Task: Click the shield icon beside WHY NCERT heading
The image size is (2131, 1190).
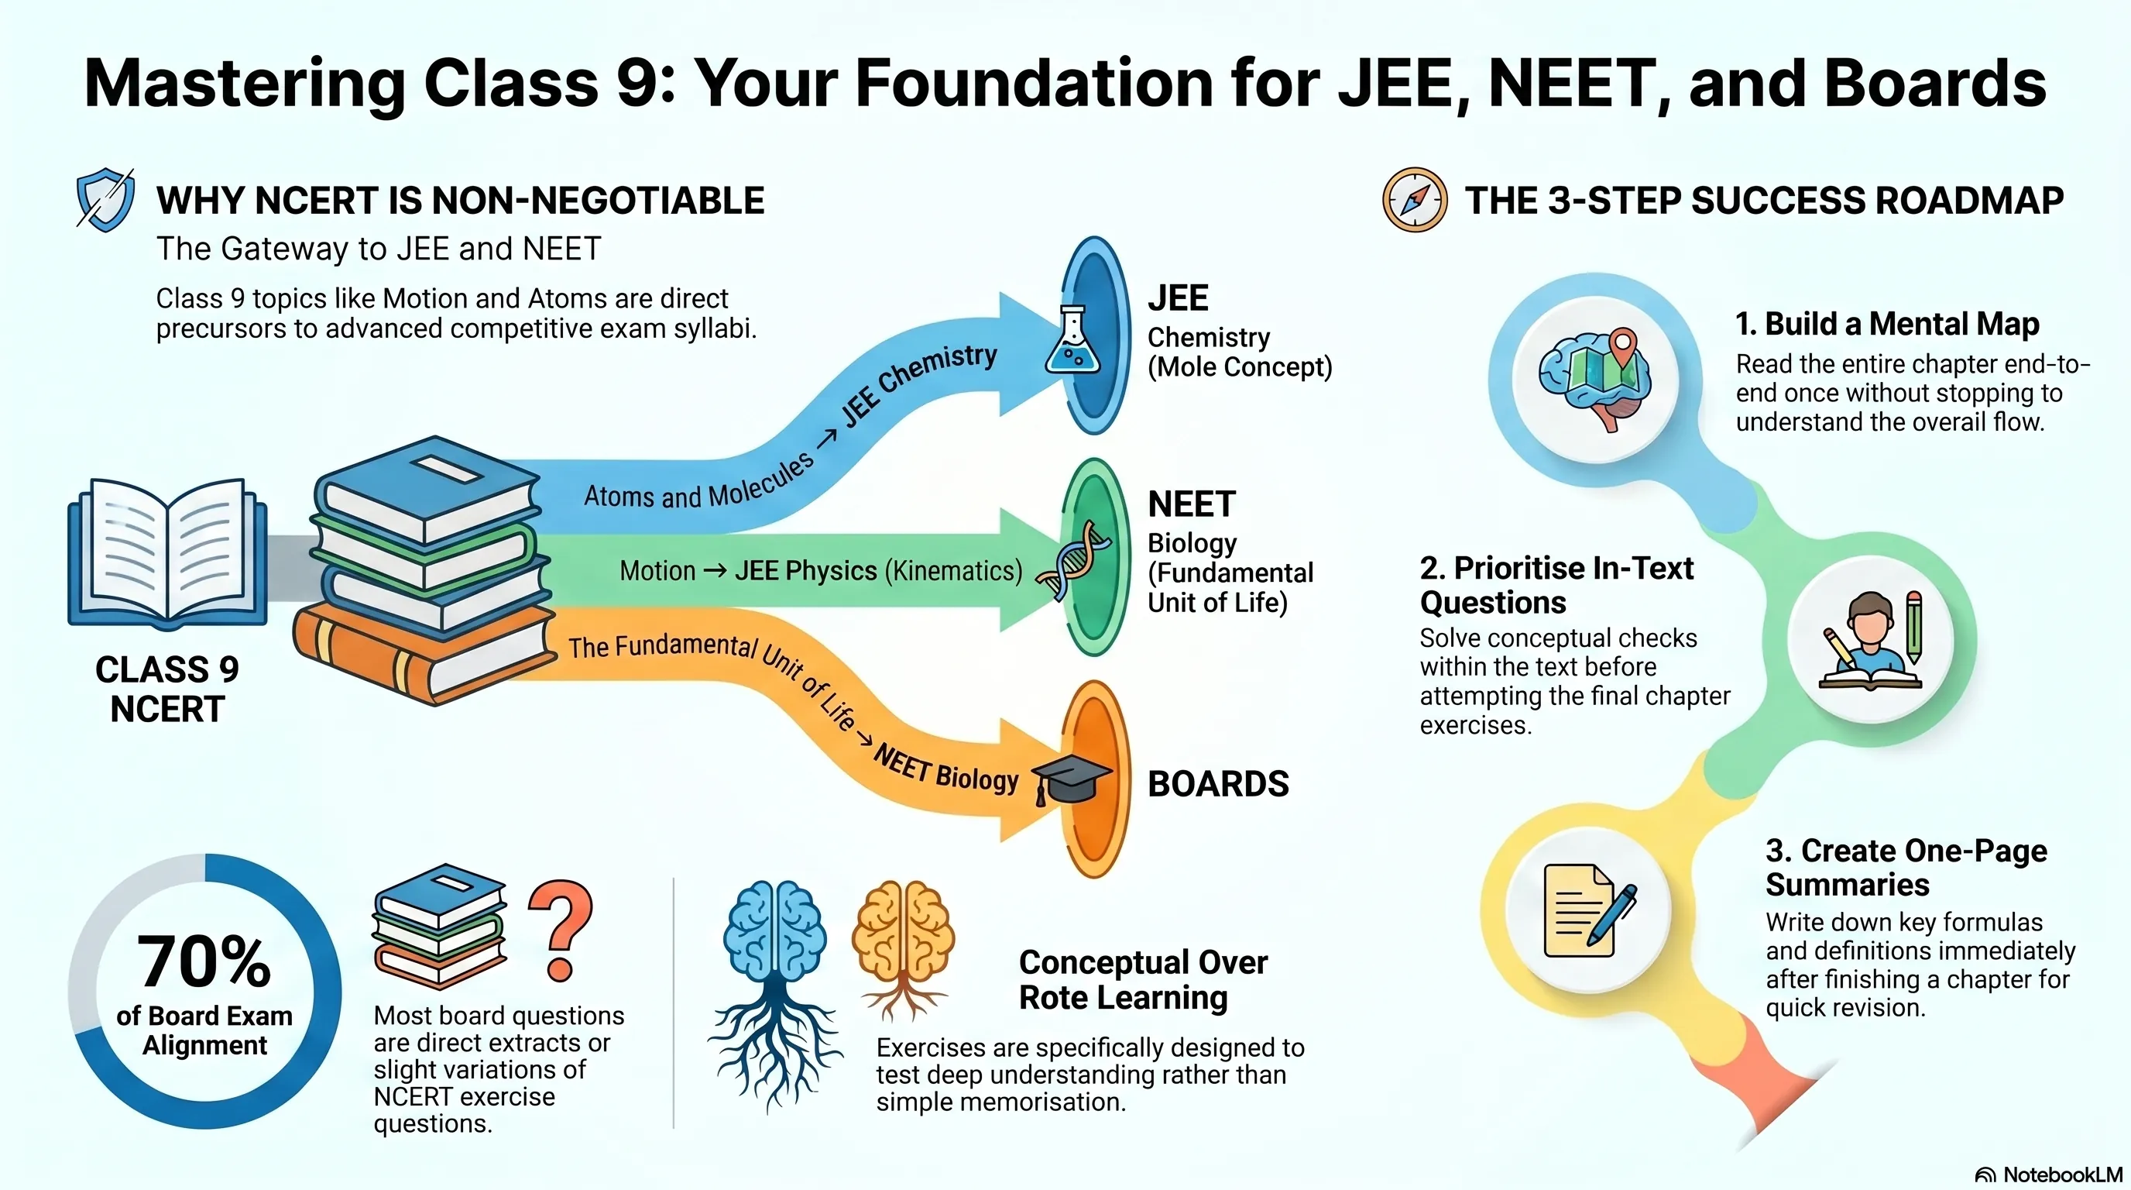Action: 105,199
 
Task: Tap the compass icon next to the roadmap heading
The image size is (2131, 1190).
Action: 1415,200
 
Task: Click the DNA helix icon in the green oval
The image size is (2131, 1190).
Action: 1073,559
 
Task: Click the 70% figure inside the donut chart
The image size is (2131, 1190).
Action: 204,962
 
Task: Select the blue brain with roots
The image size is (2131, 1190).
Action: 774,993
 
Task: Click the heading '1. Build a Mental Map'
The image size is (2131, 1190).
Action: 1887,324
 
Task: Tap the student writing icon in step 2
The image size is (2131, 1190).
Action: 1872,640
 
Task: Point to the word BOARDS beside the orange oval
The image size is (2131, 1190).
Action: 1218,784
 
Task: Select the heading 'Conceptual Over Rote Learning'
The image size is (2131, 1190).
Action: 1142,980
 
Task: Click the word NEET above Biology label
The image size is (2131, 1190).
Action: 1191,504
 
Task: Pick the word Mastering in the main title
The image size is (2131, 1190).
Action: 245,84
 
